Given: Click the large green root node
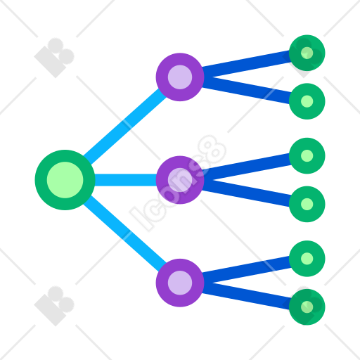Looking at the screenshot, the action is point(65,180).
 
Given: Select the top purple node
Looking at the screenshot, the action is point(180,77).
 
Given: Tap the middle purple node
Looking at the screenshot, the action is point(180,180).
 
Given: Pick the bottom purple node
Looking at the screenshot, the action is point(180,283).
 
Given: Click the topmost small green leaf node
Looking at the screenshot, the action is point(307,53).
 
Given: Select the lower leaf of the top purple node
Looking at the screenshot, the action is point(307,101).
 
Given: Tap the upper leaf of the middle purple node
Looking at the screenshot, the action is point(307,156).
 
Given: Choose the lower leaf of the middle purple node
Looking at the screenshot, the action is point(307,204).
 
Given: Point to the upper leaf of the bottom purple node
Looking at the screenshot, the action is point(307,259).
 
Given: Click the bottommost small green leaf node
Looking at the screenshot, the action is point(307,307).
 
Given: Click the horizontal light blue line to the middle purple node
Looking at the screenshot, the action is point(126,180).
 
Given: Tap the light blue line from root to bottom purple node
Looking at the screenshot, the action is point(125,233).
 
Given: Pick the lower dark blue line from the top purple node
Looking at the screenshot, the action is point(246,91).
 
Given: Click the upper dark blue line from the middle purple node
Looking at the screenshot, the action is point(246,167).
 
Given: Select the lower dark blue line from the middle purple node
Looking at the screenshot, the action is point(246,193).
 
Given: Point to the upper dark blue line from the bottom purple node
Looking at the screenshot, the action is point(246,269).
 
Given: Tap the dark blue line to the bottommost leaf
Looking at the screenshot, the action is point(246,296).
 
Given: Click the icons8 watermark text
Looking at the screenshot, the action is point(178,184).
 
